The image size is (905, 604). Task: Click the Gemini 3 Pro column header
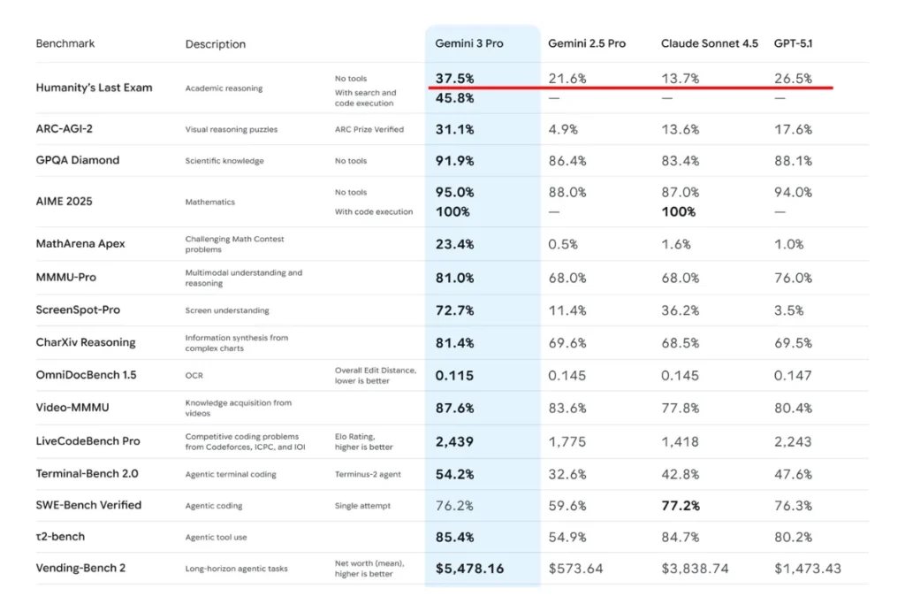(468, 43)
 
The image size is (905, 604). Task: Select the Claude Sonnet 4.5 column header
(710, 43)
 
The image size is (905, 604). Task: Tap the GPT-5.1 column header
(793, 43)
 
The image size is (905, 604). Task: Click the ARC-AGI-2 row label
(64, 128)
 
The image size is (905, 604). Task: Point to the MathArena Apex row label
(80, 244)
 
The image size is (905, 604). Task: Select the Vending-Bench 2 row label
(80, 568)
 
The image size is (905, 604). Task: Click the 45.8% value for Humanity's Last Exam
(455, 98)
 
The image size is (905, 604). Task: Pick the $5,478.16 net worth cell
(470, 569)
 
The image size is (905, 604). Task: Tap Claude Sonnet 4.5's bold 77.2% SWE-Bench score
(681, 506)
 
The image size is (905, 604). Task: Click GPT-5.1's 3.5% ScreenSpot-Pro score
(789, 310)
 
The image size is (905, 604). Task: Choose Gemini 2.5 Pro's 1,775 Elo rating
(567, 442)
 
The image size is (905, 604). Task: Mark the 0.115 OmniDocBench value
(454, 375)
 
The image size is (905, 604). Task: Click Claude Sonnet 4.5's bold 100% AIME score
(678, 212)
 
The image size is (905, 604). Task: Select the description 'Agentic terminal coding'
(231, 474)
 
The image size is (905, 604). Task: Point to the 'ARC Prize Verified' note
(369, 129)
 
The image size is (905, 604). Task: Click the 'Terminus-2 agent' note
(368, 474)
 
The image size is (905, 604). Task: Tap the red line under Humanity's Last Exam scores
(631, 88)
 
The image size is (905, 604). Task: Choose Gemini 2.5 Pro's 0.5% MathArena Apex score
(563, 244)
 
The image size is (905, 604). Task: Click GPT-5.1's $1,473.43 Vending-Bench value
(808, 569)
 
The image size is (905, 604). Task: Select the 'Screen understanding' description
(227, 310)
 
